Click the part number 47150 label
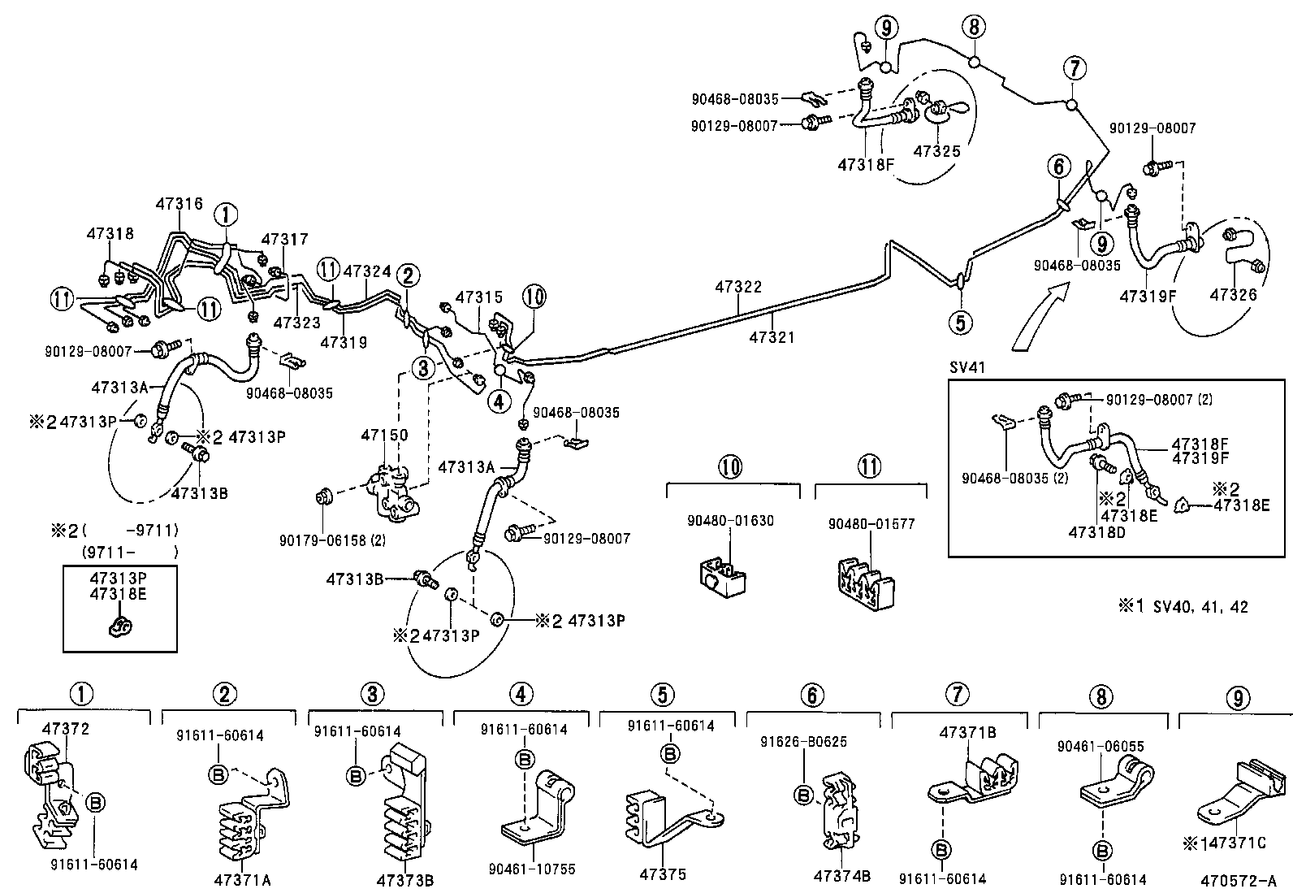coord(384,436)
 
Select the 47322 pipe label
coord(738,287)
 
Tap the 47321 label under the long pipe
coord(772,336)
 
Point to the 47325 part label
coord(936,151)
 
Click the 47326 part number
coord(1233,294)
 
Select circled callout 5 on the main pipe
coord(960,323)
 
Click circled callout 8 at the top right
coord(974,27)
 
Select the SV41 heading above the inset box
coord(967,366)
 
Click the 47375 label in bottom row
coord(663,874)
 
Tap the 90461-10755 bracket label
coord(532,869)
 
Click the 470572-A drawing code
coord(1238,879)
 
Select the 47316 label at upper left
coord(178,204)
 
